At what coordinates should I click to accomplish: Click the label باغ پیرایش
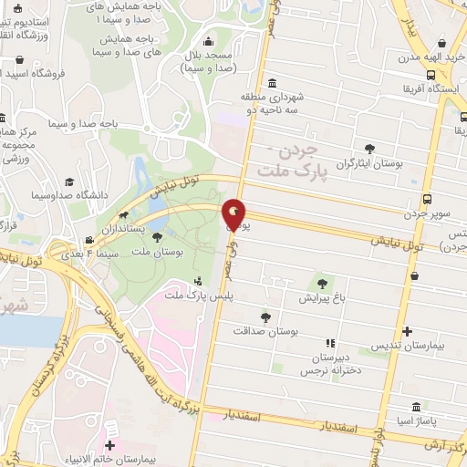[321, 297]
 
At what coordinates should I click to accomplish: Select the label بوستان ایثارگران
[370, 163]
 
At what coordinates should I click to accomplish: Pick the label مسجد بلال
[209, 61]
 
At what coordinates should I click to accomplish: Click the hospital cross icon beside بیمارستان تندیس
[407, 331]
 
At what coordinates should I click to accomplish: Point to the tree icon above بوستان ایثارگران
[369, 148]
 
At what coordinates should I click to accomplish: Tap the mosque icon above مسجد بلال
[209, 40]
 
